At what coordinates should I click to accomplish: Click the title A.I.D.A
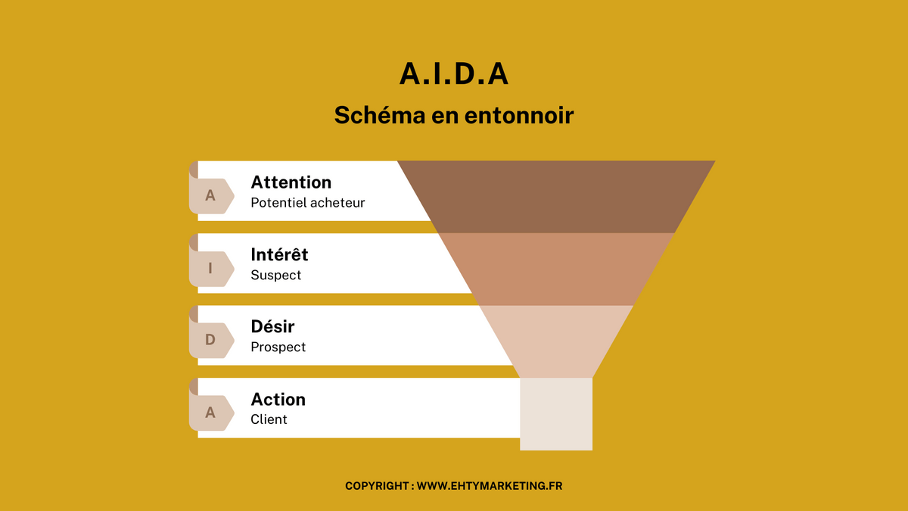click(x=453, y=74)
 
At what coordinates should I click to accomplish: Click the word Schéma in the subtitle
click(x=380, y=115)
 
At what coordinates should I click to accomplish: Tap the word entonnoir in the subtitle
click(x=519, y=115)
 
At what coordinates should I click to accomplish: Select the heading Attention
click(x=291, y=182)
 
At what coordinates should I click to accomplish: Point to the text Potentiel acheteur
click(x=308, y=202)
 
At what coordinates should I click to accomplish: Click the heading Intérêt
click(x=279, y=254)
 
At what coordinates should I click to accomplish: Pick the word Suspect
click(x=276, y=275)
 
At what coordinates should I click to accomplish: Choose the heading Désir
click(x=272, y=326)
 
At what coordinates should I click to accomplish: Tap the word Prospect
click(x=278, y=347)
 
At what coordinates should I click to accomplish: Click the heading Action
click(x=278, y=400)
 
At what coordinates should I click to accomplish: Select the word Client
click(x=269, y=419)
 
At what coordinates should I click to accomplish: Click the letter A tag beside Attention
click(x=212, y=196)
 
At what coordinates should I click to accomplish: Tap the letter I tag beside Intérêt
click(x=212, y=269)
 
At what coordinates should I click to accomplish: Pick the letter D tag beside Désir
click(x=212, y=340)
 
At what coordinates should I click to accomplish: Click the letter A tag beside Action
click(x=212, y=413)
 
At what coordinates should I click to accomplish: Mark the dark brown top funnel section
click(x=556, y=197)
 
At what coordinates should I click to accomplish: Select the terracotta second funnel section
click(x=556, y=270)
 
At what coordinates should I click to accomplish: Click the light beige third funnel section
click(x=556, y=341)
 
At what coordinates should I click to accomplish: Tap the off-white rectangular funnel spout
click(x=556, y=414)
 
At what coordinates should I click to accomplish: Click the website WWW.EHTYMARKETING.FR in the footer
click(x=490, y=486)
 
